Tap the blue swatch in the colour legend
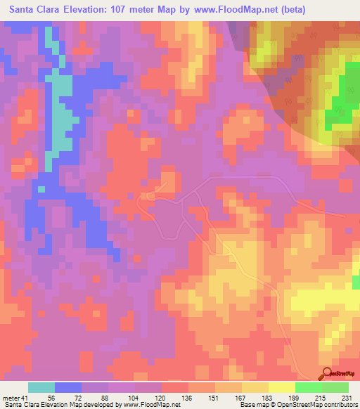pyautogui.click(x=67, y=387)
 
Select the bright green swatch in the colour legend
pyautogui.click(x=308, y=387)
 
